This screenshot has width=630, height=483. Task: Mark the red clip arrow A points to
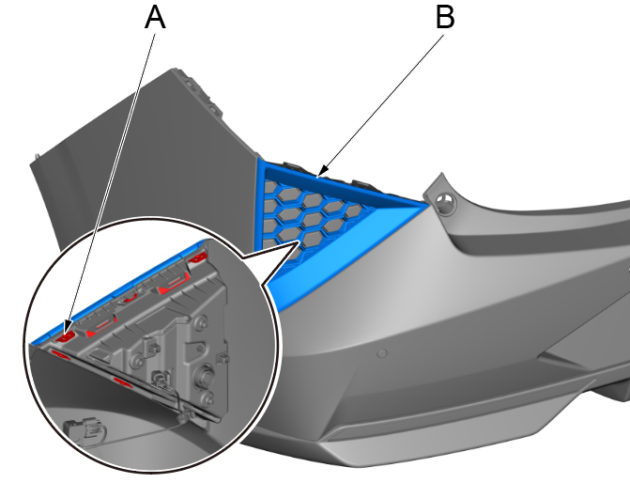[66, 332]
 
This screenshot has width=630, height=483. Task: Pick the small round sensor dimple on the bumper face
[382, 354]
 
